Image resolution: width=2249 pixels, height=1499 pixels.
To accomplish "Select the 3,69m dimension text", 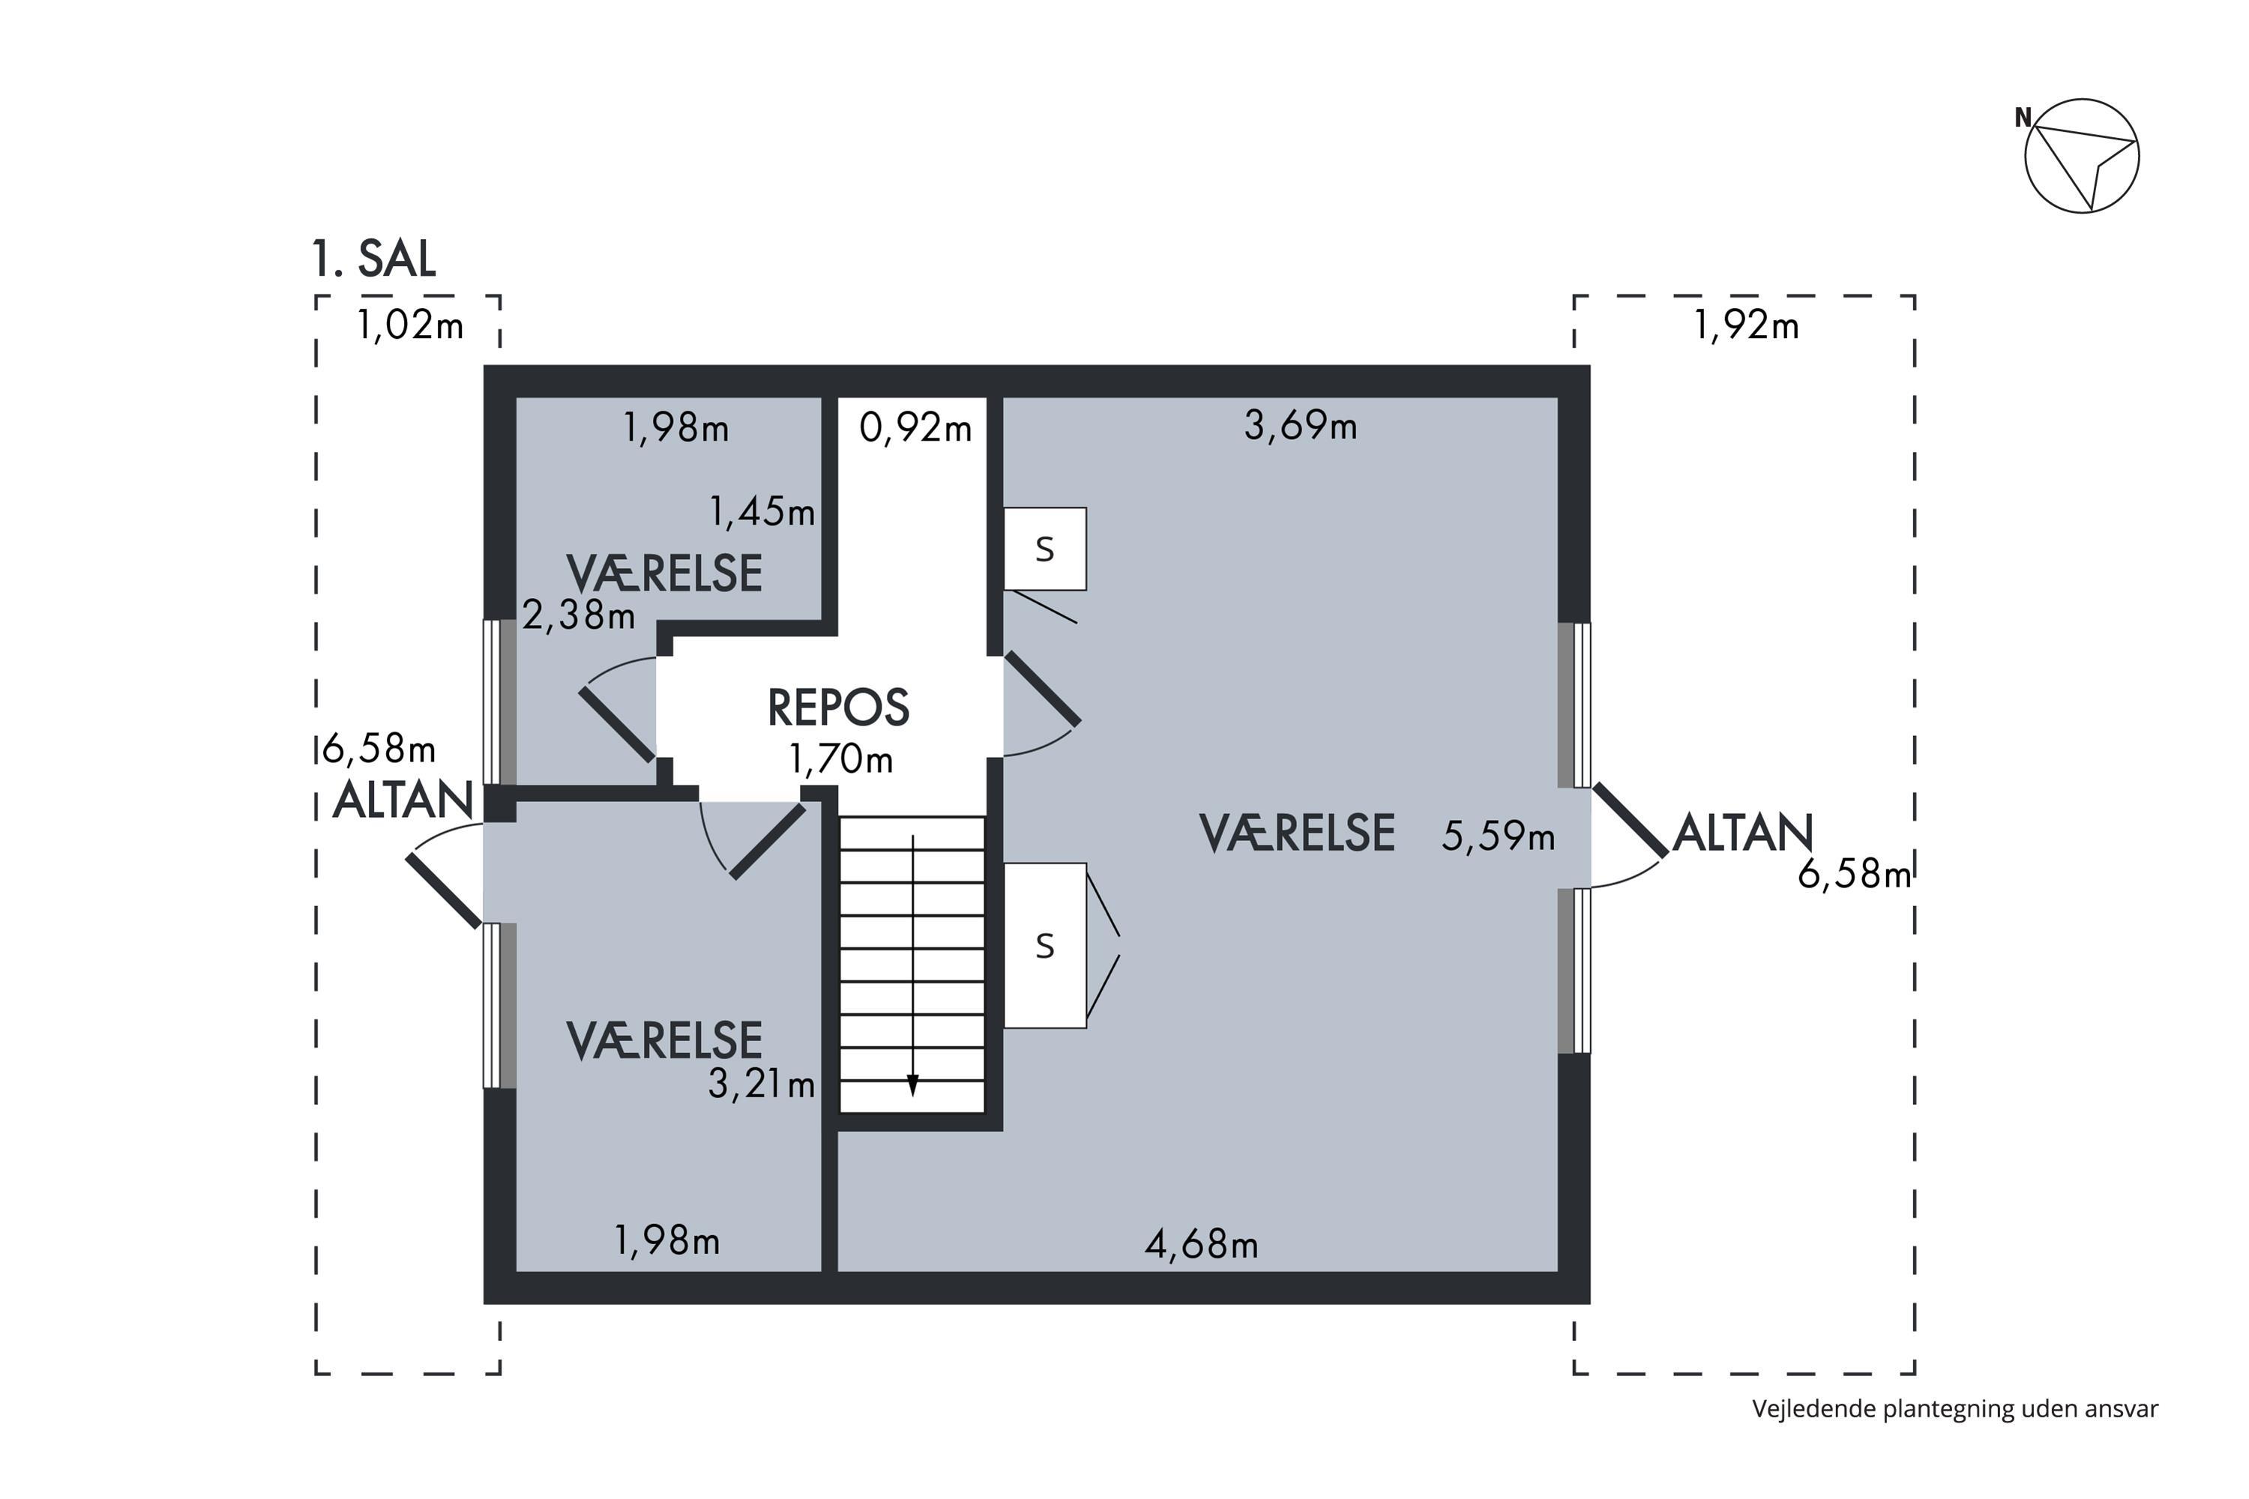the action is pyautogui.click(x=1301, y=426).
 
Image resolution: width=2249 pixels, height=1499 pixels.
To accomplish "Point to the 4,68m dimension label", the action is pyautogui.click(x=1201, y=1243).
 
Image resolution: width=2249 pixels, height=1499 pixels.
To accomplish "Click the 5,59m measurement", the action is pyautogui.click(x=1499, y=836).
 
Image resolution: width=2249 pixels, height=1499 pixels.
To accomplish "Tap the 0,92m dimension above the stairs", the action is pyautogui.click(x=915, y=427).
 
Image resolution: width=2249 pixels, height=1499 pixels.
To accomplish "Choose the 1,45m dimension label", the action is pyautogui.click(x=762, y=513).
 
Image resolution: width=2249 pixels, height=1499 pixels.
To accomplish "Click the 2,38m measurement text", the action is pyautogui.click(x=579, y=615).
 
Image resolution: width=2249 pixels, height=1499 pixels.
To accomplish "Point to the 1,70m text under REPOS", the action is pyautogui.click(x=840, y=759).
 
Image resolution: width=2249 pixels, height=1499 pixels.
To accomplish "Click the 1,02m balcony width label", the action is pyautogui.click(x=410, y=326).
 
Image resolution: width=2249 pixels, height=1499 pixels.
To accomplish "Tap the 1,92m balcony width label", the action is pyautogui.click(x=1746, y=326).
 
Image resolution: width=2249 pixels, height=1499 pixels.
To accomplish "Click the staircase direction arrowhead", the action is pyautogui.click(x=912, y=1086).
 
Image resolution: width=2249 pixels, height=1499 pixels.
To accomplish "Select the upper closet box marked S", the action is pyautogui.click(x=1044, y=549).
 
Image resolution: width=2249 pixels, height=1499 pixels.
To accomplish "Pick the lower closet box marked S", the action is pyautogui.click(x=1044, y=945).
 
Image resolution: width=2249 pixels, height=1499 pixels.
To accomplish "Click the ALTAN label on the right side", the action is pyautogui.click(x=1742, y=833).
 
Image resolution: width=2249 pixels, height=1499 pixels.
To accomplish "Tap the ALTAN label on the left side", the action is pyautogui.click(x=403, y=800).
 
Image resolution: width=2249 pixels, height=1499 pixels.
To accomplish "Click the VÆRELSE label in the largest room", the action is pyautogui.click(x=1297, y=833).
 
